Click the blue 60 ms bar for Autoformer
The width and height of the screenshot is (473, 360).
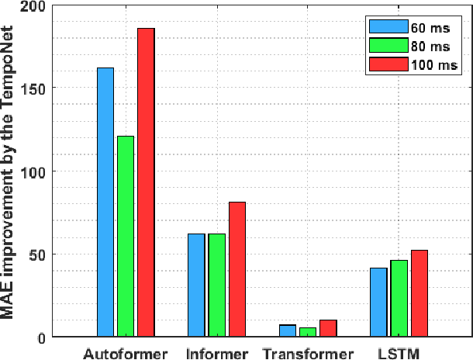coord(105,202)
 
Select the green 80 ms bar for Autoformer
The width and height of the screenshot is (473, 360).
coord(126,236)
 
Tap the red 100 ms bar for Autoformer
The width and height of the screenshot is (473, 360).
coord(146,182)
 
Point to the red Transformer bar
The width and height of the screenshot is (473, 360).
coord(327,329)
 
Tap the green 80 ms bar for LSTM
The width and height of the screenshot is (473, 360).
coord(399,298)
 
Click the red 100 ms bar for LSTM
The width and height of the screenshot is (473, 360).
coord(419,293)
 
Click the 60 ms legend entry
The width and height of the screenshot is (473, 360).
coord(416,24)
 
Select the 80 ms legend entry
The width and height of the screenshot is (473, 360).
coord(416,45)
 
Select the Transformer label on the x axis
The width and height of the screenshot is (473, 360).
coord(307,353)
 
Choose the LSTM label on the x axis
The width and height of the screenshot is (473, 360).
coord(399,353)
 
